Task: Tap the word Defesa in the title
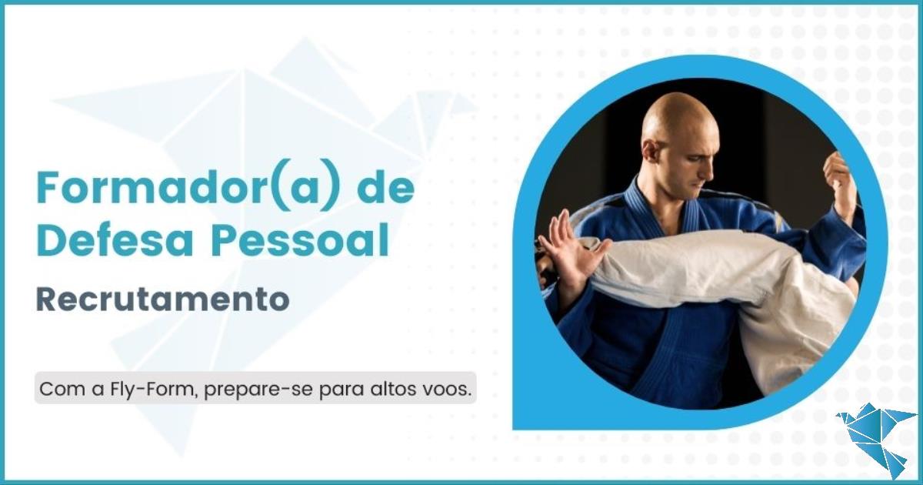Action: click(x=115, y=240)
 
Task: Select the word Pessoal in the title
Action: click(x=300, y=240)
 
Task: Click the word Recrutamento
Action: click(x=163, y=299)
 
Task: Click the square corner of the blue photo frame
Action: click(x=514, y=428)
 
